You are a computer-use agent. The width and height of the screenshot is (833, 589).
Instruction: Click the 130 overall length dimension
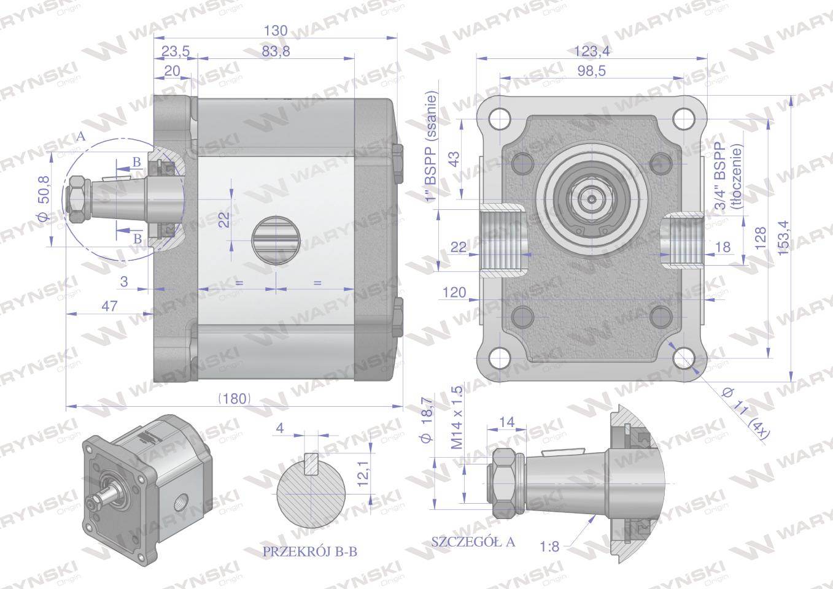[276, 31]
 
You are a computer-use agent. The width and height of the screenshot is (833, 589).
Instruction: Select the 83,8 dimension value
[276, 52]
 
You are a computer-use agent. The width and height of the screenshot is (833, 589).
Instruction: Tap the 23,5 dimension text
[175, 52]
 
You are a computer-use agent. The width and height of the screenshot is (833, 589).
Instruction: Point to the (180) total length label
[234, 399]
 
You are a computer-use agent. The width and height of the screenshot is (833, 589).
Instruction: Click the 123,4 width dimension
[592, 52]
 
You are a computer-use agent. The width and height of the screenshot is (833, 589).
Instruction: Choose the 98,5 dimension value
[592, 71]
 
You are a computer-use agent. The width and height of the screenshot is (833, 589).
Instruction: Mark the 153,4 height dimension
[783, 237]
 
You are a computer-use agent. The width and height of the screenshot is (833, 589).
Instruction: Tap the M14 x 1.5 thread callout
[457, 417]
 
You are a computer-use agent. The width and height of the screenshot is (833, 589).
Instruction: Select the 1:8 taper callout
[549, 546]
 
